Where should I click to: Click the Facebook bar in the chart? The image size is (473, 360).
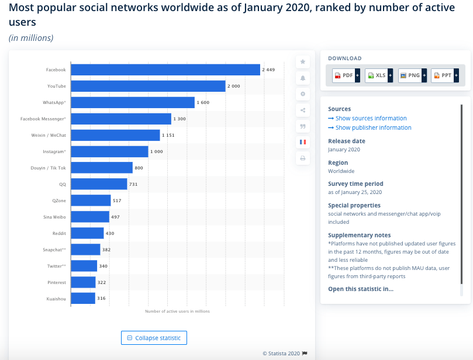tap(165, 70)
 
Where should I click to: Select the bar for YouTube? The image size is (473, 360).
tap(148, 86)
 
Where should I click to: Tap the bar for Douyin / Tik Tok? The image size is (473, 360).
tap(102, 168)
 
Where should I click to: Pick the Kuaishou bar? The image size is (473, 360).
tap(83, 298)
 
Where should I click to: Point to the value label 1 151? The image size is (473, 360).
tap(168, 135)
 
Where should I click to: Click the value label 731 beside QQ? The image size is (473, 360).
tap(133, 184)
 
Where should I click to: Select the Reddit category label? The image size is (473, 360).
tap(59, 233)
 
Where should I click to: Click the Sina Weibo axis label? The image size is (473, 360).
tap(54, 217)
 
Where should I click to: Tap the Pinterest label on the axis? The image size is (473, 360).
tap(57, 282)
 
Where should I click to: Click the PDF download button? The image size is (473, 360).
tap(346, 75)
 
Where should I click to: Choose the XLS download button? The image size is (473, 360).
tap(379, 75)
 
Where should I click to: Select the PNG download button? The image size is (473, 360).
tap(412, 75)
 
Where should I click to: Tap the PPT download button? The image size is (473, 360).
tap(445, 75)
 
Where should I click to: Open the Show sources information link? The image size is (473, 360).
tap(367, 118)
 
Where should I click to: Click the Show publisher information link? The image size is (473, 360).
tap(370, 127)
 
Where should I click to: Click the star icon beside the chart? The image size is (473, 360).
tap(303, 62)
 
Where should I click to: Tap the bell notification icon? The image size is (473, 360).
tap(303, 78)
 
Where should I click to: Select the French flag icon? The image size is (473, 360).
tap(303, 142)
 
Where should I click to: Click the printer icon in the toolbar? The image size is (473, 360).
tap(303, 158)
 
